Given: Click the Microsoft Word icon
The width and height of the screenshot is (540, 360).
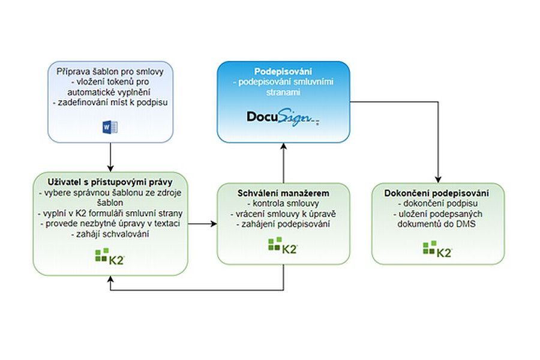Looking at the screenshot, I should click(x=111, y=127).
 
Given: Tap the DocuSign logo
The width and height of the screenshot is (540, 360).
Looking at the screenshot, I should click(x=283, y=116).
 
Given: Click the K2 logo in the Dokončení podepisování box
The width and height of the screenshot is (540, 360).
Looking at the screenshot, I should click(x=437, y=248).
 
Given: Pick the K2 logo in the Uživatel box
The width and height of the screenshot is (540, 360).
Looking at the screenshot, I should click(x=110, y=259).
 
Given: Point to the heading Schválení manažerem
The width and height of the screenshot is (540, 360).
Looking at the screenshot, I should click(x=283, y=193).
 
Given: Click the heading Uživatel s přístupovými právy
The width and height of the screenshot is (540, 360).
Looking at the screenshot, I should click(x=110, y=182).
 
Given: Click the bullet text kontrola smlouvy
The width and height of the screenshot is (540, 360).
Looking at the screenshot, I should click(x=283, y=203).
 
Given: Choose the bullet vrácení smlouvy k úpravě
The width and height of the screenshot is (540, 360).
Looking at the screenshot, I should click(x=283, y=214).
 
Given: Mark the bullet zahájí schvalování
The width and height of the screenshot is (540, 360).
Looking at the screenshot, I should click(x=110, y=235).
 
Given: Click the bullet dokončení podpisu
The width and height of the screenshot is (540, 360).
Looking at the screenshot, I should click(x=437, y=204).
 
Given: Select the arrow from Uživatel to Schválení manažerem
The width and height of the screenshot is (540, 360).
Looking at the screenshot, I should click(x=202, y=224).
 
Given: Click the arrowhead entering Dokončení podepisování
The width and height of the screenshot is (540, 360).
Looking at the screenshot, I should click(x=437, y=179).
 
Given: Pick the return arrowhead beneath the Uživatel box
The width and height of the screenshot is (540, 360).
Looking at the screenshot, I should click(x=111, y=280).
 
